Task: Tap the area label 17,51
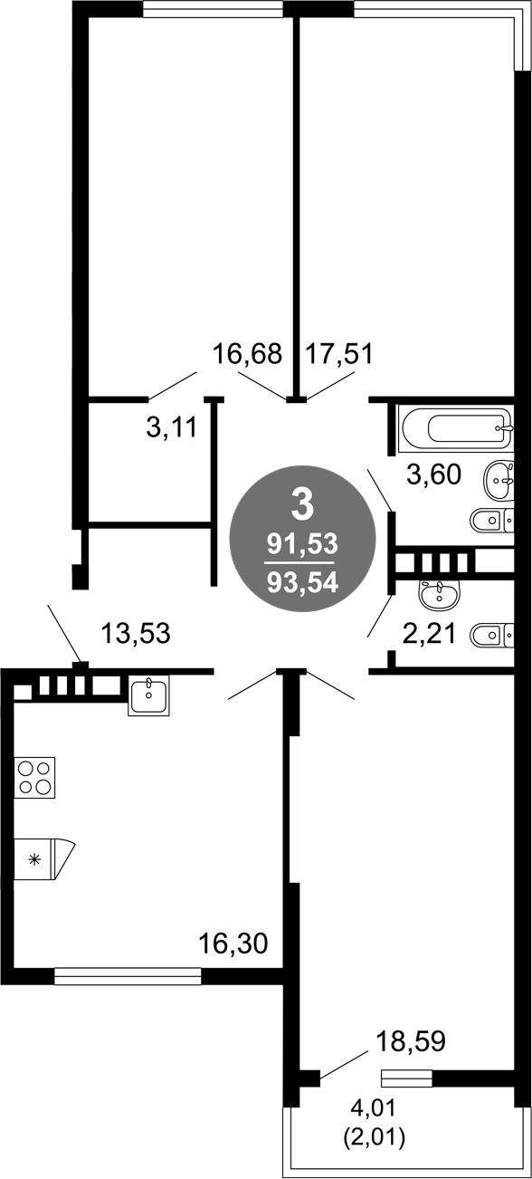[339, 352]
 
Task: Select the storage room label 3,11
[171, 428]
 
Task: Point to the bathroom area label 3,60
[433, 474]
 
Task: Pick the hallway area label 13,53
[136, 633]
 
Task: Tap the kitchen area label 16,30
[233, 944]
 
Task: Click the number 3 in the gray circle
[302, 501]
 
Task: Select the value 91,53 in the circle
[302, 543]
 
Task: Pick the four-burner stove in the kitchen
[35, 776]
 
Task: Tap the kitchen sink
[149, 695]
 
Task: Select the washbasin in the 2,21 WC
[440, 594]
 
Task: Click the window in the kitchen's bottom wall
[127, 975]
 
